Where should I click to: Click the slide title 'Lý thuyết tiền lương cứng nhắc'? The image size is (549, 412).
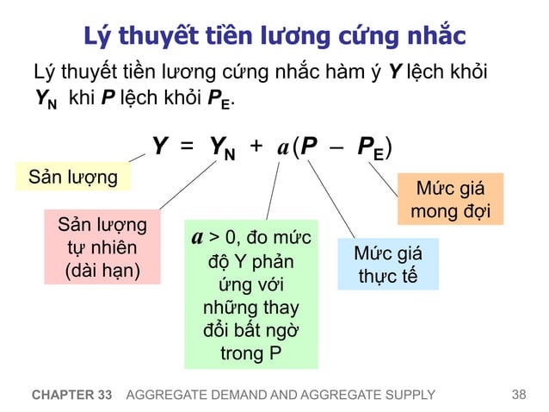pos(274,35)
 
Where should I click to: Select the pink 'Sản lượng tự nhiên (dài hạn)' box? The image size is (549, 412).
pos(102,248)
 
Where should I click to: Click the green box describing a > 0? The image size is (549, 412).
pos(250,293)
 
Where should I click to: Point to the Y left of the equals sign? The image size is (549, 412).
pos(160,147)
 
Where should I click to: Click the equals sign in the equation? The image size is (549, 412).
pos(187,147)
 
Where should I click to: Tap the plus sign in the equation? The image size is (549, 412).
pos(256,147)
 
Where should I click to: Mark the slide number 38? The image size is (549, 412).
pos(517,395)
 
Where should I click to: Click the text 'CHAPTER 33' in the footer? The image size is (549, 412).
pos(71,396)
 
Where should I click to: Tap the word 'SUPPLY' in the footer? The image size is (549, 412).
pos(409,396)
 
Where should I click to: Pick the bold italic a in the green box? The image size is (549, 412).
pos(197,234)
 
